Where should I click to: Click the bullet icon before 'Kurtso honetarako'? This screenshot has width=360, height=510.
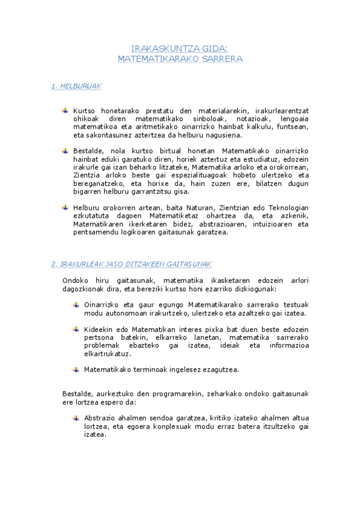pyautogui.click(x=65, y=111)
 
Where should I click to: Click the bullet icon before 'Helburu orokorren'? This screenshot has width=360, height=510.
pyautogui.click(x=65, y=207)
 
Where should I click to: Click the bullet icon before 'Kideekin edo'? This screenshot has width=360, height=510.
pyautogui.click(x=76, y=329)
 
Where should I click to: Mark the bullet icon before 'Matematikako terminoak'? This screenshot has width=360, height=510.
pyautogui.click(x=76, y=369)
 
